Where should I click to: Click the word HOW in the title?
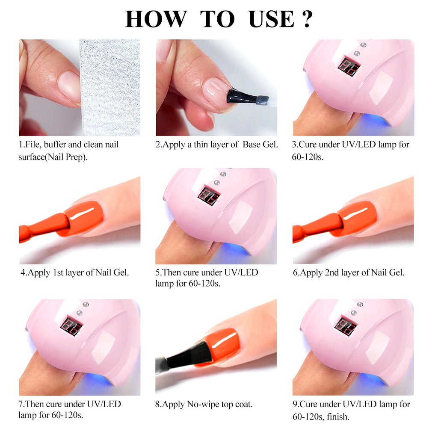(156, 19)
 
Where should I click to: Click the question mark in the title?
(307, 19)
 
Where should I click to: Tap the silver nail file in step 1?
(110, 88)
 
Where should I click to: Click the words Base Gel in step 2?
(260, 145)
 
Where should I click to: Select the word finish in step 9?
(337, 416)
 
